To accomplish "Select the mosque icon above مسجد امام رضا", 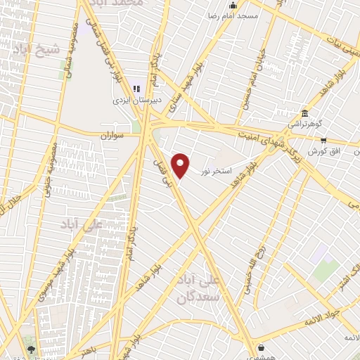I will click(233, 6).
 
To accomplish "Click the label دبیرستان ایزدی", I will click(138, 100).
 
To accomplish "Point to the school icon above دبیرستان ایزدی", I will click(136, 89).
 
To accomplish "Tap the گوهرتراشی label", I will click(304, 124).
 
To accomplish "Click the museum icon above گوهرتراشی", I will click(304, 113).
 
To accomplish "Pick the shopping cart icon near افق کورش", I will click(323, 140).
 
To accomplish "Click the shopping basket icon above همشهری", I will click(261, 347).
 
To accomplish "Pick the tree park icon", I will click(30, 348).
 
